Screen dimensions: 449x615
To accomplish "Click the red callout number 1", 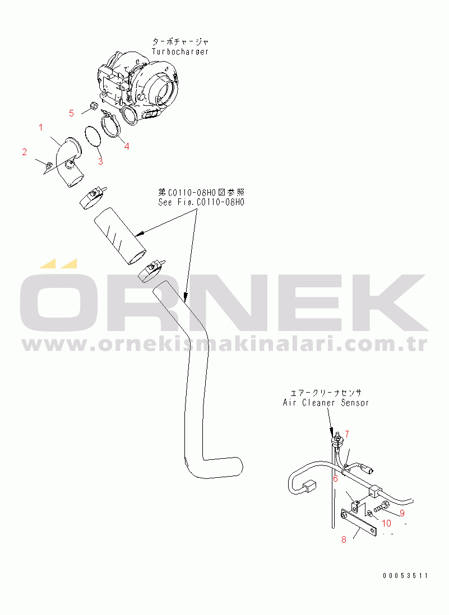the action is coord(40,128).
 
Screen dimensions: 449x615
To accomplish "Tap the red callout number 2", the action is coord(24,152).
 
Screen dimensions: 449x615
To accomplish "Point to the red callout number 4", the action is coord(127,146).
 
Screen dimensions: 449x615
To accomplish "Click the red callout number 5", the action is coord(71,113).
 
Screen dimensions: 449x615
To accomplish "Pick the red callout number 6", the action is coord(335,478).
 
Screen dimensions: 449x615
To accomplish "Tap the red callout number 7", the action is coord(347,434).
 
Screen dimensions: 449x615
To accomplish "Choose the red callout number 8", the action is coord(344,539).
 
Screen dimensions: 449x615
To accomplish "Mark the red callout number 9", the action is coord(402,512).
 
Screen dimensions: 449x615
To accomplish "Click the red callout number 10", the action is coord(387,523).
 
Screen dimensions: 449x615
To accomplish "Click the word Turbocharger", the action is coord(180,52).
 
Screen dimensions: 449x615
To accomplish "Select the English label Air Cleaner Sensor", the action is coord(326,403).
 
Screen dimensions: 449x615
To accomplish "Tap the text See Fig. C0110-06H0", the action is coord(201,203).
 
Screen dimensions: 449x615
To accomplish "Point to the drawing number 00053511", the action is coord(405,575).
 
